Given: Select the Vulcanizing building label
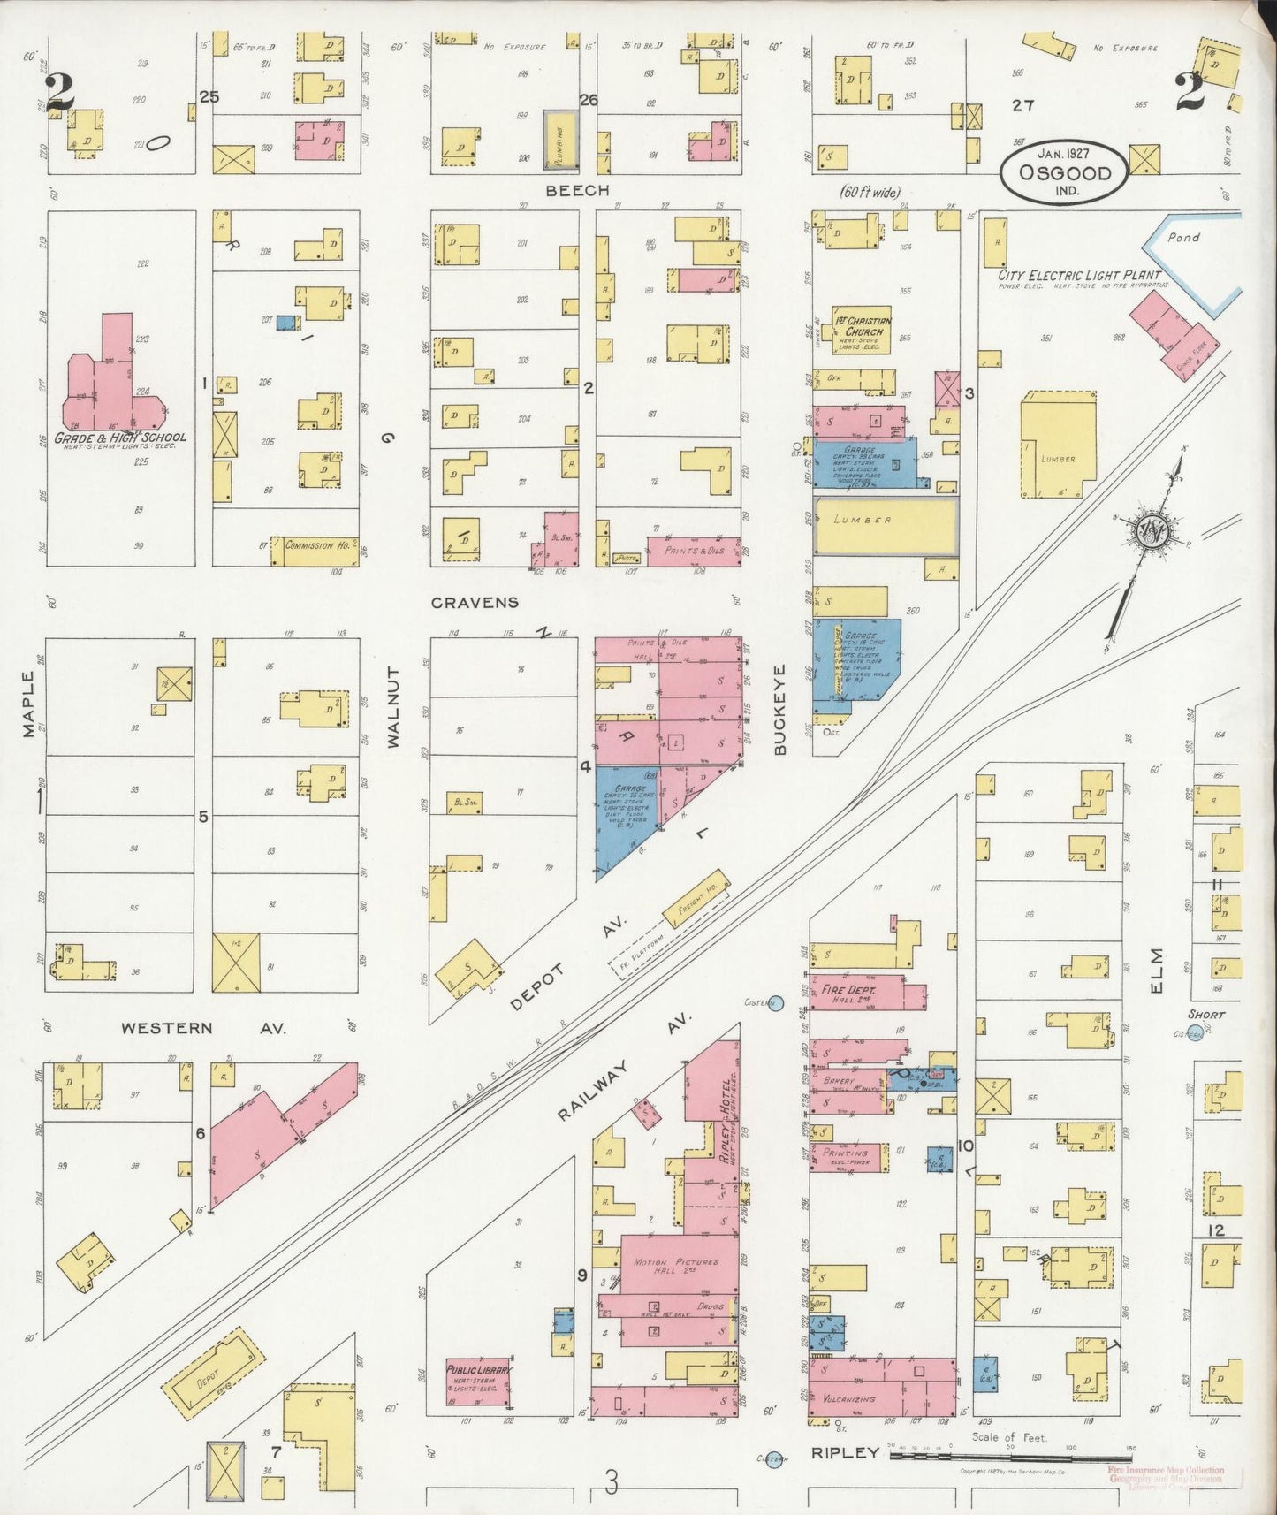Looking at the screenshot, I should click(851, 1399).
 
